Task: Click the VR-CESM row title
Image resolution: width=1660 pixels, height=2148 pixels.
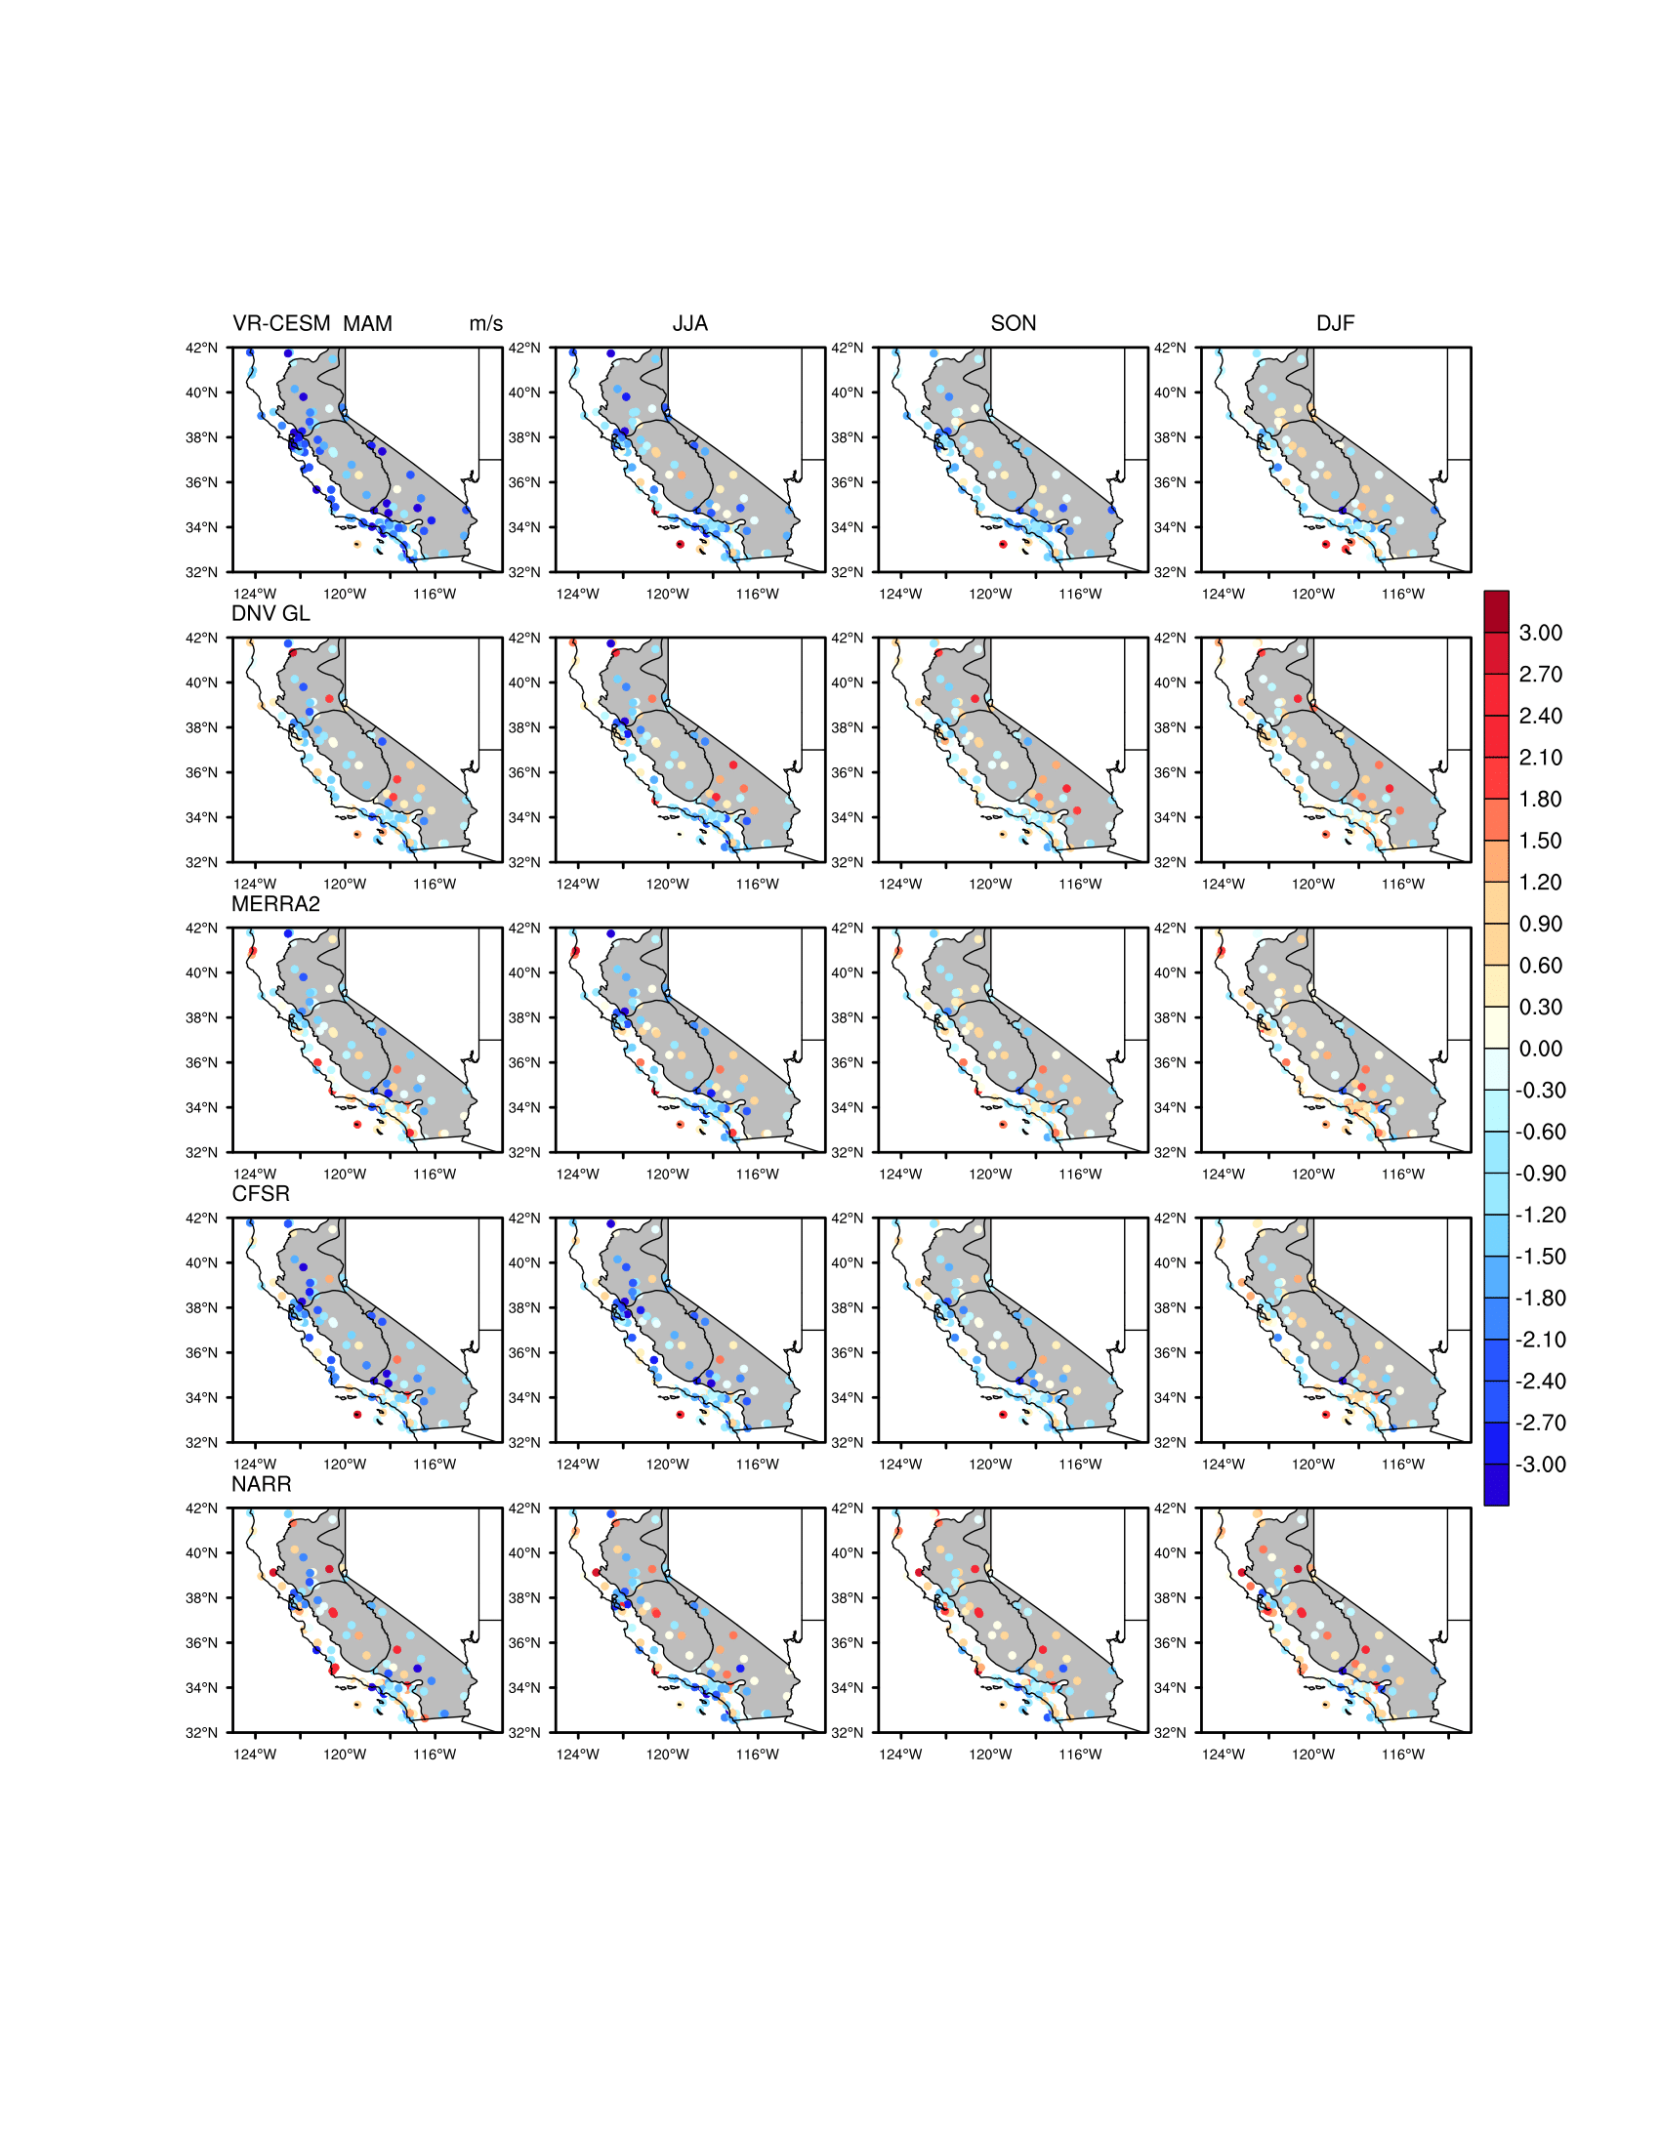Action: (x=281, y=323)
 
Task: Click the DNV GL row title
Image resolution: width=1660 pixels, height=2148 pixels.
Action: (x=270, y=614)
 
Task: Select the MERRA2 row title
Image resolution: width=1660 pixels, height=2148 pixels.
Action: (x=275, y=904)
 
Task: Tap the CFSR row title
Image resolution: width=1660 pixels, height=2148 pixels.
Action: (x=261, y=1194)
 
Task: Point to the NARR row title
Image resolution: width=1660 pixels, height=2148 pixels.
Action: (x=261, y=1484)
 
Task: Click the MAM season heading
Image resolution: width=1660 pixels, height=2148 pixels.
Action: (x=368, y=323)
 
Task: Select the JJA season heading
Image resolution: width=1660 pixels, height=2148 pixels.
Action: (x=689, y=323)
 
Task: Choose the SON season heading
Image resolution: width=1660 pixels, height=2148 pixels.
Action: (x=1013, y=323)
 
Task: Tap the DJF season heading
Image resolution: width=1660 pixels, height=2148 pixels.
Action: (x=1335, y=323)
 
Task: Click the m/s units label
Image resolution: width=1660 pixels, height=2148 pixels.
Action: (x=486, y=323)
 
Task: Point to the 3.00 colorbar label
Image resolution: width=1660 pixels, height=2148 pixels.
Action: (x=1540, y=634)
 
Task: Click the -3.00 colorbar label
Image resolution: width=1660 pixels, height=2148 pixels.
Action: (x=1540, y=1465)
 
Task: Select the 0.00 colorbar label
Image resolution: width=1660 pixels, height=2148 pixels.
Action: (x=1540, y=1049)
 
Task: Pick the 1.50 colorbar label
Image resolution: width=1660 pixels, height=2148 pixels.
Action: (x=1540, y=841)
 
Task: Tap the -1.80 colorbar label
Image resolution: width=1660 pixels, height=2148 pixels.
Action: (x=1540, y=1299)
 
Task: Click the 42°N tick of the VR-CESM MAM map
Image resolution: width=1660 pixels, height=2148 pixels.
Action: (x=201, y=349)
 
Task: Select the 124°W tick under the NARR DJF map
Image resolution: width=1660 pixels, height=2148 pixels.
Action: (x=1223, y=1755)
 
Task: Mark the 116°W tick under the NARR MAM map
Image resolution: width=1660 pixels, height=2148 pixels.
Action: (x=434, y=1755)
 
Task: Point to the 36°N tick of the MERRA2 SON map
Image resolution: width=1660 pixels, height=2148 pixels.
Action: (x=847, y=1063)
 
